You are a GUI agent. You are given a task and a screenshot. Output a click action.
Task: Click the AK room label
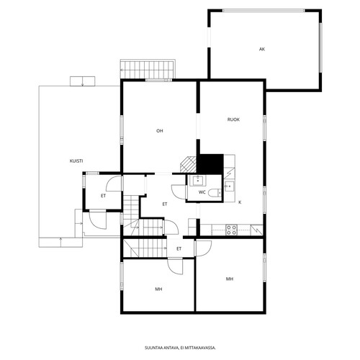click(262, 49)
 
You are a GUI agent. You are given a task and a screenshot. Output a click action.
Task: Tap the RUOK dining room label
click(233, 120)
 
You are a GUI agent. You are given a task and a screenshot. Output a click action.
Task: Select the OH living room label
click(160, 131)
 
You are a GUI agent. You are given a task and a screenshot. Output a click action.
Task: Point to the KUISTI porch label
click(76, 161)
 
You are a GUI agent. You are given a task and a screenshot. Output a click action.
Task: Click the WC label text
click(202, 192)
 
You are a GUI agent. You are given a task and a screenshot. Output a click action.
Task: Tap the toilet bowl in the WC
click(214, 193)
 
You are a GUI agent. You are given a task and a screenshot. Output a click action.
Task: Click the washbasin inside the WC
click(198, 181)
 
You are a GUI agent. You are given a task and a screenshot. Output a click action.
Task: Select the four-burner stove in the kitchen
click(231, 230)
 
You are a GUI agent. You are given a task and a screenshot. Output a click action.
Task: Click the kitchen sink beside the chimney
click(229, 186)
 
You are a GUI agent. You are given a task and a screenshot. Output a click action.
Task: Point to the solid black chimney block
click(210, 164)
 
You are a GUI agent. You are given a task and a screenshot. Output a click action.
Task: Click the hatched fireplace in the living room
click(189, 164)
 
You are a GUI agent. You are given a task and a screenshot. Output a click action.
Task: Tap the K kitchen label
click(240, 202)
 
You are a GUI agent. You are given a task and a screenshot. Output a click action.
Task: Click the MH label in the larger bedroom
click(230, 279)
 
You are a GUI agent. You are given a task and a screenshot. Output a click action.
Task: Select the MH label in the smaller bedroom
click(158, 289)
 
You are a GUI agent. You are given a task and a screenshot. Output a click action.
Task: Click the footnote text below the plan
click(180, 348)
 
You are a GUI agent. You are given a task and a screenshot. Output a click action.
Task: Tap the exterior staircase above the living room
click(147, 70)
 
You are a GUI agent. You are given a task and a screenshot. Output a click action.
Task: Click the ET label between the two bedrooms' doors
click(179, 249)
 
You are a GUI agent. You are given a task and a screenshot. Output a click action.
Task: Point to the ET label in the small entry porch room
click(103, 196)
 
